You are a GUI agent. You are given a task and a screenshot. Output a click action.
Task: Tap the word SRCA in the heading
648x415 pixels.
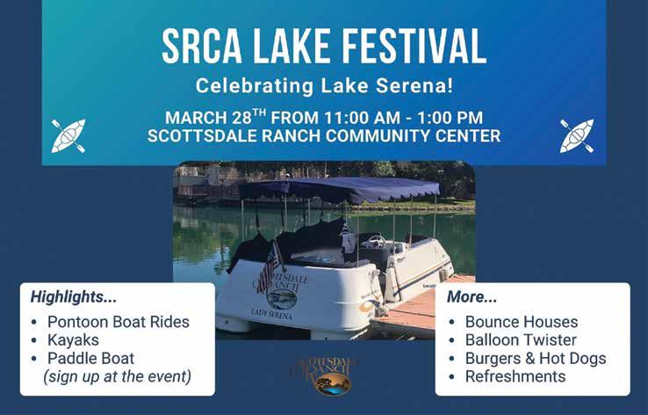point(202,46)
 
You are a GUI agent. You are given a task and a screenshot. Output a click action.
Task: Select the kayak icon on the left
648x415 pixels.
point(68,136)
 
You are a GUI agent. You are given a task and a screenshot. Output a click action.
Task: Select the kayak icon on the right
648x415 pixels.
point(577,136)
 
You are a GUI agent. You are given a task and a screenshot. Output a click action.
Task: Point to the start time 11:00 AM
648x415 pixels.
point(362,118)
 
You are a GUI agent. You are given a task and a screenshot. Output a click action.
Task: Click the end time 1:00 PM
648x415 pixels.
point(450,118)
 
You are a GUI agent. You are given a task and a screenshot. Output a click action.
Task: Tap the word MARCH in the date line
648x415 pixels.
point(196,118)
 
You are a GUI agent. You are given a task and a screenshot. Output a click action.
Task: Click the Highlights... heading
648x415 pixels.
point(74,296)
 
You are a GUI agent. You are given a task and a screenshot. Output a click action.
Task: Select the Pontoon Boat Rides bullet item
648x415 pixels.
point(119,322)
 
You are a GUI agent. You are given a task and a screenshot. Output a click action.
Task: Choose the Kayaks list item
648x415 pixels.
point(73,340)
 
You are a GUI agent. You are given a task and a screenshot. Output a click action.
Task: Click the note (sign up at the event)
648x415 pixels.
point(118,376)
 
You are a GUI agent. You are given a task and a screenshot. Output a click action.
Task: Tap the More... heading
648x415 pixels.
point(472,296)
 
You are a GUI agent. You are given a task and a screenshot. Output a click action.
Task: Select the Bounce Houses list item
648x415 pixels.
point(522,322)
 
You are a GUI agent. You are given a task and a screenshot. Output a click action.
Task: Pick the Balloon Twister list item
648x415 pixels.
point(521,340)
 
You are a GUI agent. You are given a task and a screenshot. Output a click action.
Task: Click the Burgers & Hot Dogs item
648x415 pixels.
point(536,359)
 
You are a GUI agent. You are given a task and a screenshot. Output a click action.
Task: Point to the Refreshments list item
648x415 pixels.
point(515,376)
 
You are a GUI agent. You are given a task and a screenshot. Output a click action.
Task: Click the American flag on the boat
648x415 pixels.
point(270,267)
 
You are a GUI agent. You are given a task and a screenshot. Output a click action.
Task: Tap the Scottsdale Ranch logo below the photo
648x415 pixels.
point(324,375)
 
